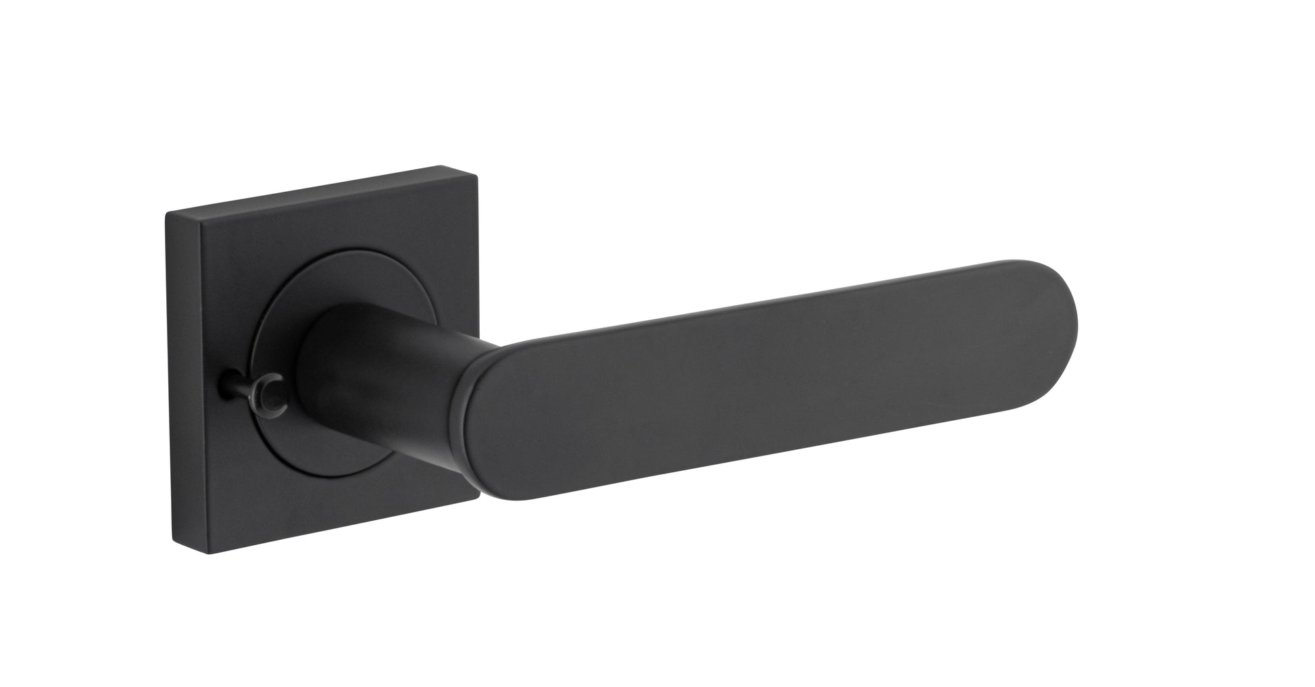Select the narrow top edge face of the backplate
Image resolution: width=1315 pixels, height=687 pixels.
coord(311,190)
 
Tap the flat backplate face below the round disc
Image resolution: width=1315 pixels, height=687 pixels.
coord(324,513)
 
